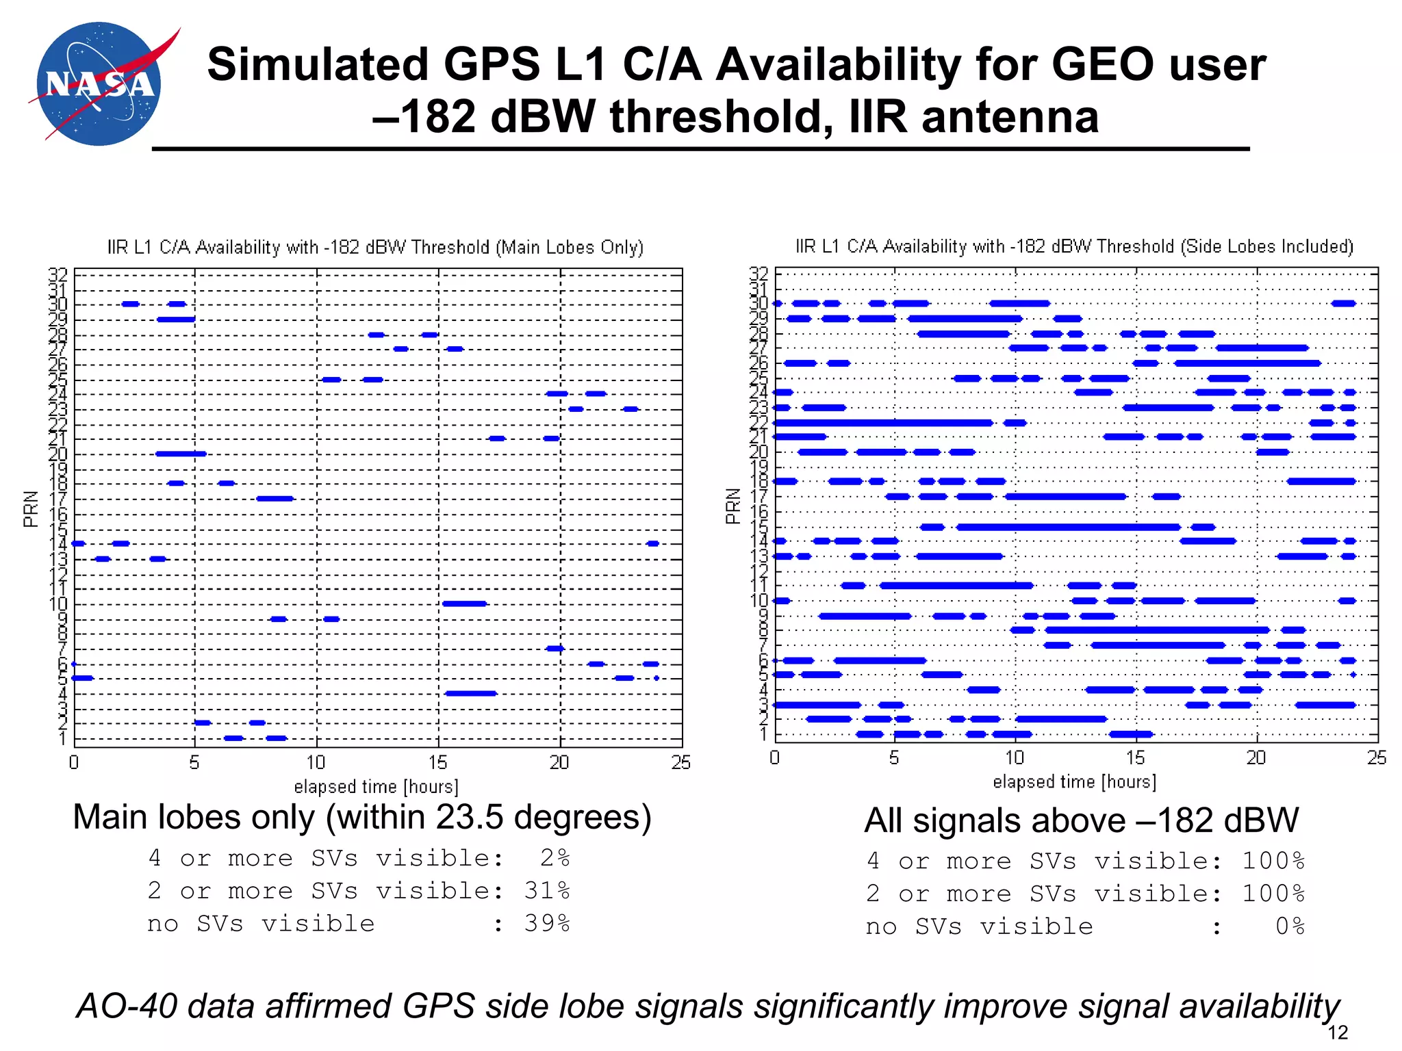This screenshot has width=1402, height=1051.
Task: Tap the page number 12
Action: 1337,1033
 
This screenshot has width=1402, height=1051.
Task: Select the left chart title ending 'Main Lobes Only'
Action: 375,247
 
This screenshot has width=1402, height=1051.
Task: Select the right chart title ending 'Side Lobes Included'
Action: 1074,246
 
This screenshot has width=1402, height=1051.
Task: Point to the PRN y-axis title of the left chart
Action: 30,508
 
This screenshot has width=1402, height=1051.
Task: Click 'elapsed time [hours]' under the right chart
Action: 1074,781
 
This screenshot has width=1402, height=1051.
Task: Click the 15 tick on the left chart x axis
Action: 437,762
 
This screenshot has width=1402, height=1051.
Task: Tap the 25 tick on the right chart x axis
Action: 1376,757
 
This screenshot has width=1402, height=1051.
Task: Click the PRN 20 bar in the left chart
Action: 181,454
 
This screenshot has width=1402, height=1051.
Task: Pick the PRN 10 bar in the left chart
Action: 464,604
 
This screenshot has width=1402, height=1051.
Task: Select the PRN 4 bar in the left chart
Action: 470,693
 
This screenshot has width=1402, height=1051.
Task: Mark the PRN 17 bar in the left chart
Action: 275,498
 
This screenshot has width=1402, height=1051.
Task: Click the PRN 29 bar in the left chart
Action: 176,320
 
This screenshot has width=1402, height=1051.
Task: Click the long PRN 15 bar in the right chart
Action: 1068,527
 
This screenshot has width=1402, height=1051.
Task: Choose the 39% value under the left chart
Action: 547,923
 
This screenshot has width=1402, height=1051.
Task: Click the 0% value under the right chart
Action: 1290,926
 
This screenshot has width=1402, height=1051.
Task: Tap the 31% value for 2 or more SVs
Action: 547,890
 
